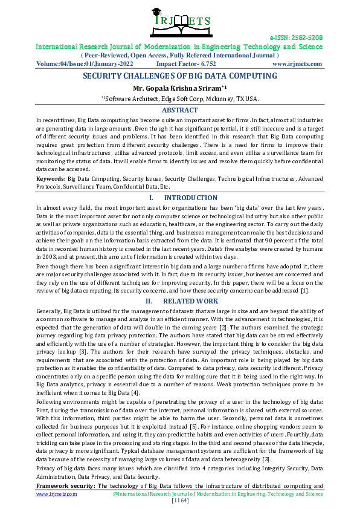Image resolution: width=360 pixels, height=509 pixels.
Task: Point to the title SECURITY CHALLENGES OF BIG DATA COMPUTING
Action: (x=179, y=76)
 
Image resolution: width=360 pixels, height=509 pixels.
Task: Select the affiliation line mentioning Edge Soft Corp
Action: (x=179, y=98)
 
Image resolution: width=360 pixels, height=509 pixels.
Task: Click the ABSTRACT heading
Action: (x=179, y=110)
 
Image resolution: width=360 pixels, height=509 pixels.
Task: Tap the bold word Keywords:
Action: (x=51, y=180)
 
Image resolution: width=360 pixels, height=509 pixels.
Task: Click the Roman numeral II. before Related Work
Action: (x=150, y=300)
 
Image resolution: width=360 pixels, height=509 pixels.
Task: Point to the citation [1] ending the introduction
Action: (x=306, y=290)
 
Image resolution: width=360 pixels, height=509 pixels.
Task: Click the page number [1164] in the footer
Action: (x=180, y=501)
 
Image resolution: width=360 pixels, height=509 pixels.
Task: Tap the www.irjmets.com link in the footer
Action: (x=56, y=494)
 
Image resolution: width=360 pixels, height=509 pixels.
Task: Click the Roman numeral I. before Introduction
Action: (x=151, y=198)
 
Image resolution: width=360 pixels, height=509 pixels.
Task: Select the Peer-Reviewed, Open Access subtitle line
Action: (x=179, y=54)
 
